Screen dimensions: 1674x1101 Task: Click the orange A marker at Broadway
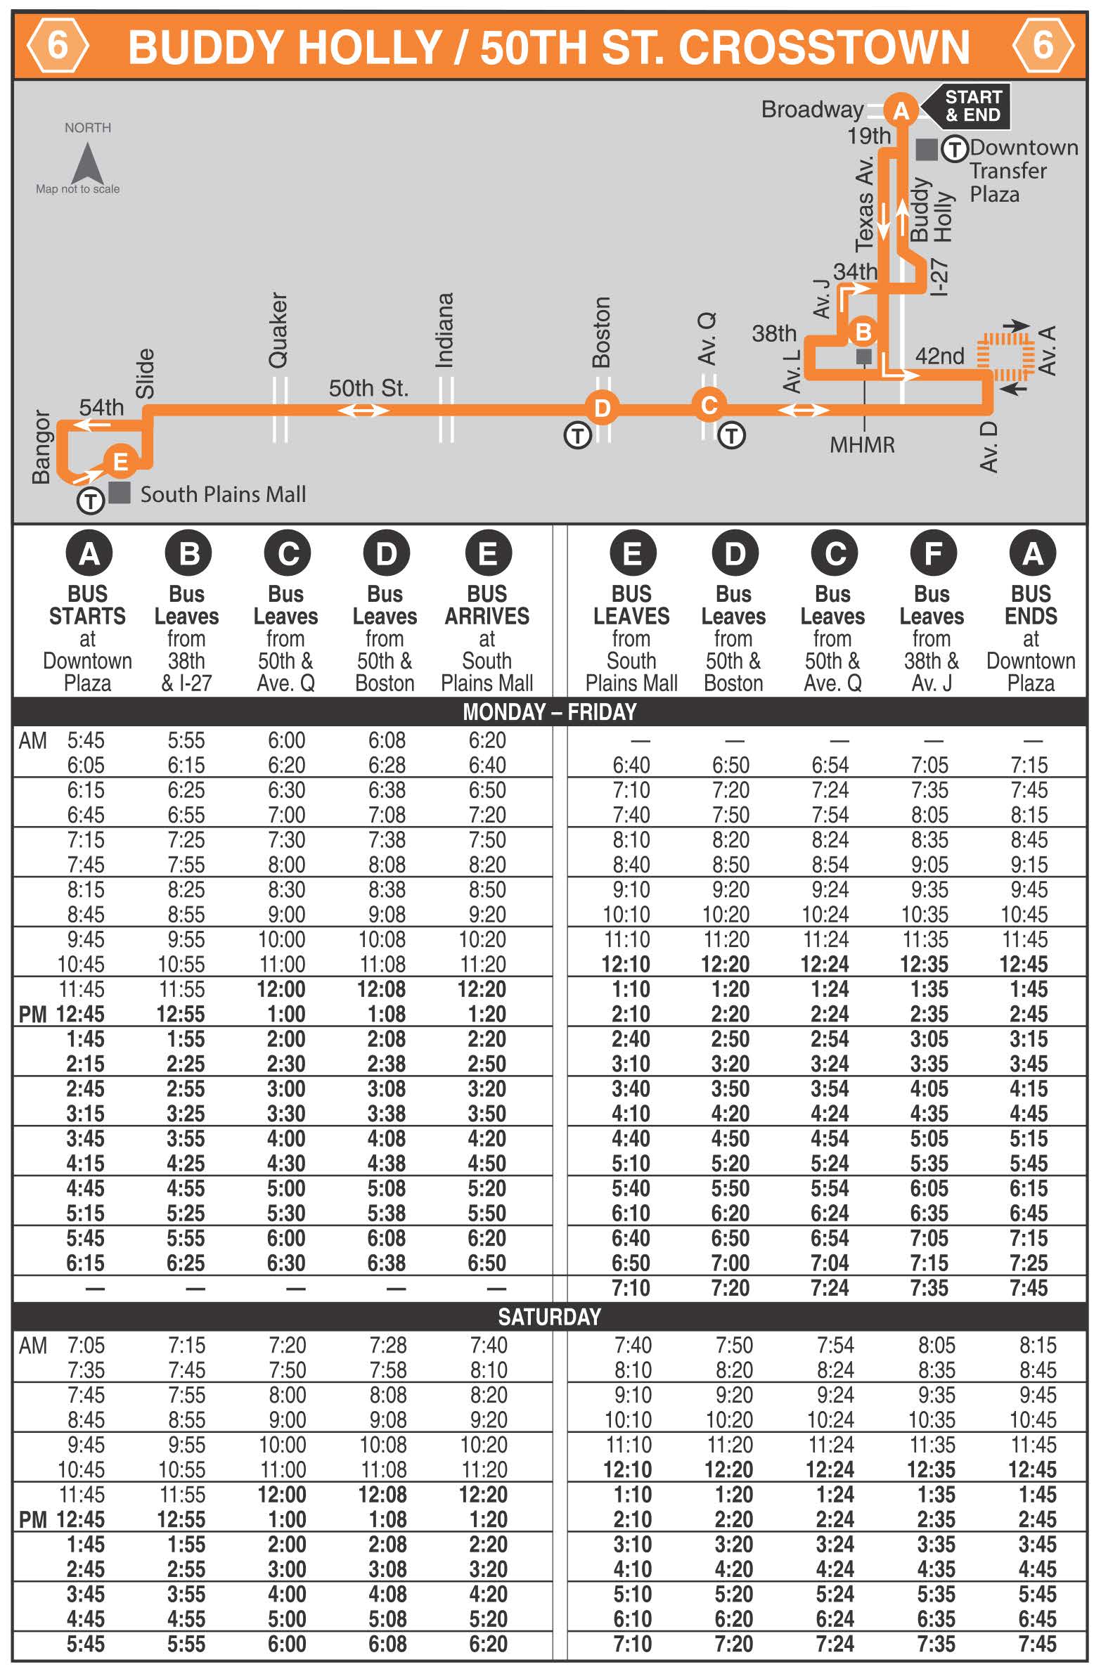901,110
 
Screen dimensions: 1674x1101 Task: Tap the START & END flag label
972,106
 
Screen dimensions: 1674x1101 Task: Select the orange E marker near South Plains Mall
120,461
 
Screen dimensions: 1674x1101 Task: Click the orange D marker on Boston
603,408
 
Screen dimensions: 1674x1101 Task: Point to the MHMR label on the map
862,445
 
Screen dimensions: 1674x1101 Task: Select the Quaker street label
278,330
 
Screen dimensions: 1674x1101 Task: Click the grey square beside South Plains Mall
120,492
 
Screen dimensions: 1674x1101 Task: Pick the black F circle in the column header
932,553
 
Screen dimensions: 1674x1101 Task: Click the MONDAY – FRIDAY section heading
549,712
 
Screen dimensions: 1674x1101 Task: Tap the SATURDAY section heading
549,1317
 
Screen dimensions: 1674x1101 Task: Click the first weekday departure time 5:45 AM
86,740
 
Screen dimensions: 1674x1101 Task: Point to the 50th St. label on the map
368,387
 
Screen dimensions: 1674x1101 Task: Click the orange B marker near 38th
863,331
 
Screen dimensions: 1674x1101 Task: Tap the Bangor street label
41,447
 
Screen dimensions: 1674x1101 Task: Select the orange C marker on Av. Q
709,405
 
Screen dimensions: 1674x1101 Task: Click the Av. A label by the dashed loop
1048,350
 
